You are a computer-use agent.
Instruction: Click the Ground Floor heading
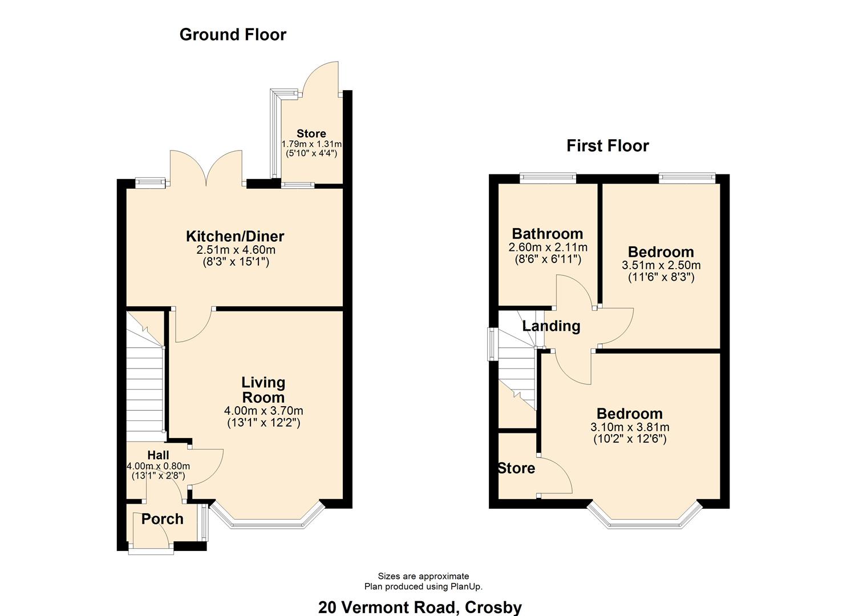tap(233, 35)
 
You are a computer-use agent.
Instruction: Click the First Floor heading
tap(607, 146)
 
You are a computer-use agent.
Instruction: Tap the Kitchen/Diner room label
tap(235, 236)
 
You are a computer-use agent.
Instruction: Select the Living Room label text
tap(263, 390)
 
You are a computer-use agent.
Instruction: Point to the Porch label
tap(162, 519)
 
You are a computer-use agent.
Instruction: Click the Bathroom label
tap(548, 234)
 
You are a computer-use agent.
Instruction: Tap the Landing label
tap(552, 326)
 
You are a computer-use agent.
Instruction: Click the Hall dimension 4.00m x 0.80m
tap(158, 466)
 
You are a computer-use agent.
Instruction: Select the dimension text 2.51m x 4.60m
tap(236, 250)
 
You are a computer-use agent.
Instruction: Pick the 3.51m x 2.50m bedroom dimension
tap(661, 265)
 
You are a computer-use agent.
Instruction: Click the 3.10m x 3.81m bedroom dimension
tap(630, 427)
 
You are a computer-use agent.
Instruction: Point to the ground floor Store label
tap(311, 133)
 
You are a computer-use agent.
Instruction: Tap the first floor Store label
tap(517, 468)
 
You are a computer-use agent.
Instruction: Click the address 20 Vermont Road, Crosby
tap(420, 607)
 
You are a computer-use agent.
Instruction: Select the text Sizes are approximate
tap(423, 576)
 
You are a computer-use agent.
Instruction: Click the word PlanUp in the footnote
tap(465, 586)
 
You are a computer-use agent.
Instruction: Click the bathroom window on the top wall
tap(548, 178)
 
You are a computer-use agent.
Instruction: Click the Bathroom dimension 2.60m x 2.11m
tap(548, 248)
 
